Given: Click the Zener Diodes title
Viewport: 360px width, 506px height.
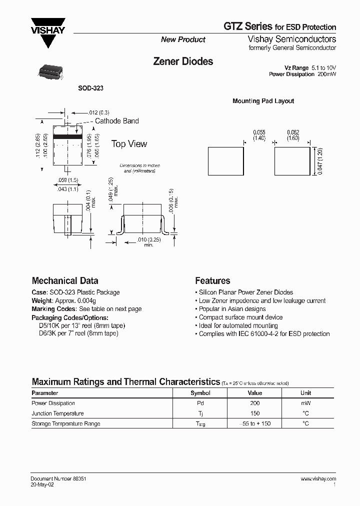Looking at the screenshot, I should (x=182, y=61).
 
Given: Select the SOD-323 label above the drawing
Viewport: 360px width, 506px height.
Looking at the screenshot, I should (x=90, y=88).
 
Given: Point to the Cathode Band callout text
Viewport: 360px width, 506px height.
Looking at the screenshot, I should (x=116, y=121).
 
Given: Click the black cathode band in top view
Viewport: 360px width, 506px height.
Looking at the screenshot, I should (x=67, y=136).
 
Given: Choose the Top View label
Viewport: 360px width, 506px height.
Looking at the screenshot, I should (x=129, y=144).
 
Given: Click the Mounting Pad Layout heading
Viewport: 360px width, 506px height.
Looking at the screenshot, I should (x=263, y=101).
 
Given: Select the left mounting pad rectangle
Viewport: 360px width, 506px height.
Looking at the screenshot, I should (x=225, y=161).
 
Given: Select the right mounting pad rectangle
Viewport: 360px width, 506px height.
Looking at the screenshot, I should (x=292, y=161).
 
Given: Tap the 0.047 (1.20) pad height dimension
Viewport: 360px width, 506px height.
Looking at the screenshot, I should (x=320, y=161).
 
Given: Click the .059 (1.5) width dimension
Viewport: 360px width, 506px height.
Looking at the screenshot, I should (x=68, y=180).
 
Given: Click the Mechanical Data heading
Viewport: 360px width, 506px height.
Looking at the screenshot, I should (x=65, y=281).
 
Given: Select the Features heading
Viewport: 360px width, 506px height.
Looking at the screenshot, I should (x=212, y=281).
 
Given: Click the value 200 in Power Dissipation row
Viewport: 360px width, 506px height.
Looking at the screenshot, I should (x=255, y=403).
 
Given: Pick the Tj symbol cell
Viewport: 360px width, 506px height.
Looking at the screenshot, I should (x=200, y=413).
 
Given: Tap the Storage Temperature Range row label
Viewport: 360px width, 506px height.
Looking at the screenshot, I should (x=66, y=423).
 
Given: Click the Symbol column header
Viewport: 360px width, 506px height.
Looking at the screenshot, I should (x=200, y=393).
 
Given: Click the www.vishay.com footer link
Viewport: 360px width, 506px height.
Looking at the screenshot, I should (x=318, y=478).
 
